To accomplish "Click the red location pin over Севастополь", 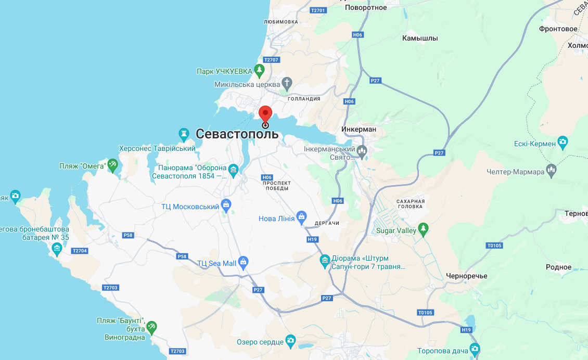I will (265, 114).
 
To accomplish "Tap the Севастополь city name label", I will (237, 134).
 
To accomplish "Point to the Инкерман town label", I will (359, 129).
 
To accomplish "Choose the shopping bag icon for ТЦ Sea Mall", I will (243, 262).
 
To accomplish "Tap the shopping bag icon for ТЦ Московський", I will (226, 204).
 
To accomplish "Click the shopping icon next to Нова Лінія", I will (301, 216).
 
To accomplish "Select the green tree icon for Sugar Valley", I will (424, 228).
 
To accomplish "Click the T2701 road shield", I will (317, 10).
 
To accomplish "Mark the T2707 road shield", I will (272, 60).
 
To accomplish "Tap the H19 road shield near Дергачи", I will (312, 239).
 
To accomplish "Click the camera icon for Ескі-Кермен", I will (562, 142).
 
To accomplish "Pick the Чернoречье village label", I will (466, 276).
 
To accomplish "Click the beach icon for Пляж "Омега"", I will (112, 165).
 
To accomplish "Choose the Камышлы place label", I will (420, 38).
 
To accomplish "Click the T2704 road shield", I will (80, 251).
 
